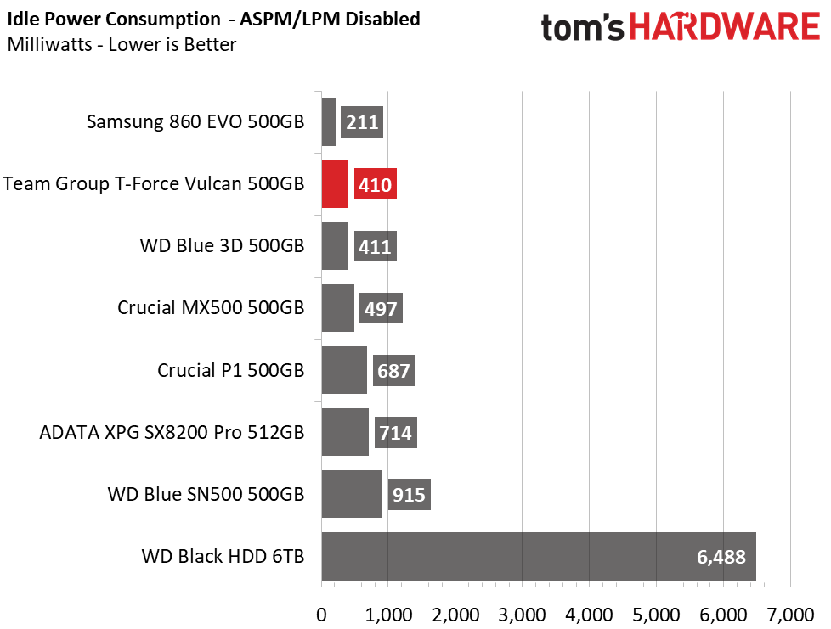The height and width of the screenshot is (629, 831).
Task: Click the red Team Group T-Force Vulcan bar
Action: click(335, 184)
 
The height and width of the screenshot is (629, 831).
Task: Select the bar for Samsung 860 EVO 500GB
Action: click(329, 122)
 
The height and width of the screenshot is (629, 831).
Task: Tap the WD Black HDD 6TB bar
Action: click(539, 557)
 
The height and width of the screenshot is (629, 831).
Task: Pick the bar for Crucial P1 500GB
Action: click(344, 370)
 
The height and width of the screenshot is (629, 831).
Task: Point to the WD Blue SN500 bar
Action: click(352, 494)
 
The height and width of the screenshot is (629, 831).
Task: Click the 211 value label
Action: click(362, 122)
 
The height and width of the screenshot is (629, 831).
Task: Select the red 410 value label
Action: click(376, 184)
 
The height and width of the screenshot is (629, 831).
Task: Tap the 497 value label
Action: click(381, 308)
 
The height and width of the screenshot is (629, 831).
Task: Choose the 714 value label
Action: click(396, 433)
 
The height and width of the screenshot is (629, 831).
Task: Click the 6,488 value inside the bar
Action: click(721, 557)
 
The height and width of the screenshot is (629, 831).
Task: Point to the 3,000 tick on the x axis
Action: click(522, 615)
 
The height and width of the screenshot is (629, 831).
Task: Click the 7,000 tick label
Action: click(790, 615)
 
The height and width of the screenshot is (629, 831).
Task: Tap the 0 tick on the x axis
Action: click(321, 615)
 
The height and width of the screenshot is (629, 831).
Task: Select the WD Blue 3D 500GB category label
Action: click(222, 245)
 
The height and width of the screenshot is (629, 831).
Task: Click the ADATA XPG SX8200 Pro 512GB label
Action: click(172, 432)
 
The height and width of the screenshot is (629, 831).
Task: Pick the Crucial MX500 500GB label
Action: click(211, 307)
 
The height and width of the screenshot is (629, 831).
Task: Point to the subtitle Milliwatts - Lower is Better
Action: click(122, 44)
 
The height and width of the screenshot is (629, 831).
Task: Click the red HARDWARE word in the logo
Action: click(725, 26)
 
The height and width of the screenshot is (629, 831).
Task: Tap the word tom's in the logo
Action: click(582, 27)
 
